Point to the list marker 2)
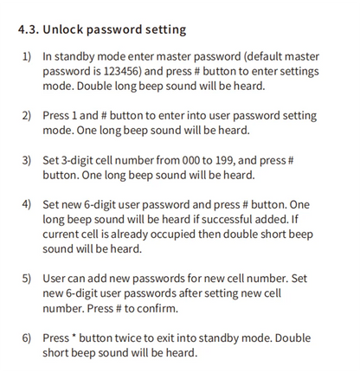(27, 115)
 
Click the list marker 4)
(27, 205)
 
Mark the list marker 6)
(27, 337)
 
